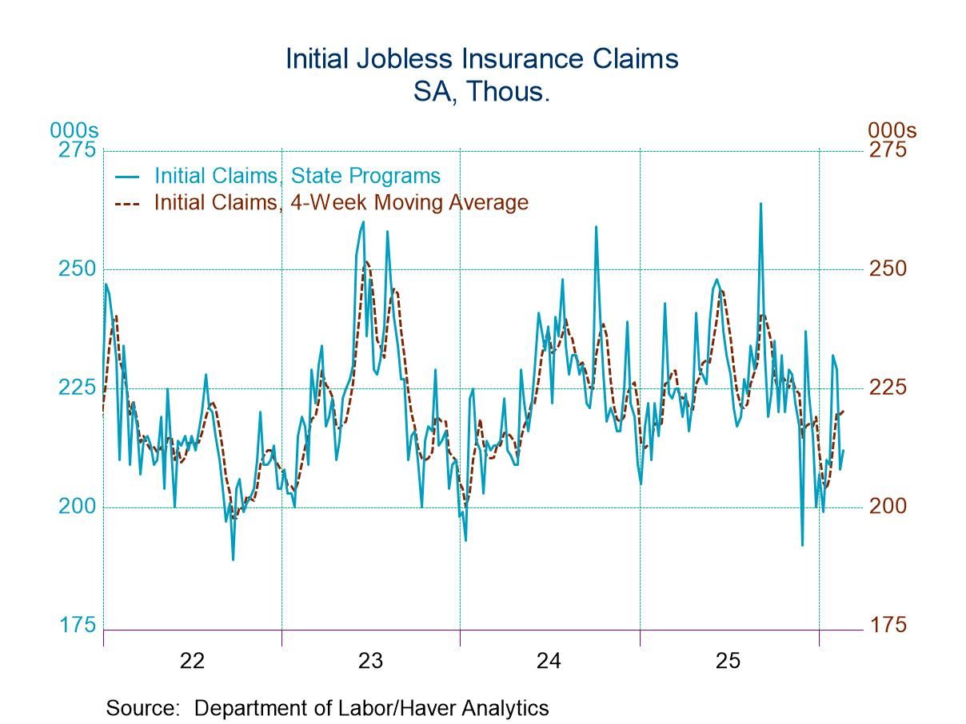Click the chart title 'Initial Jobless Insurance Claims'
coord(482,59)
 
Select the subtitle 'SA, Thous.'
coord(482,91)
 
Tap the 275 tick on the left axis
coord(77,150)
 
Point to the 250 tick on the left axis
coord(77,269)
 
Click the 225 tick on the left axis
coord(77,388)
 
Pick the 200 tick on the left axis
coord(77,506)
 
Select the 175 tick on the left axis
coord(77,624)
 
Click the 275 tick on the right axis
coord(888,150)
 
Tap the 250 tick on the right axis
coord(888,269)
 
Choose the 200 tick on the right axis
coord(888,506)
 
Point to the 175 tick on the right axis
coord(888,624)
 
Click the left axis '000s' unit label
coord(74,130)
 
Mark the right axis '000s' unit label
coord(892,130)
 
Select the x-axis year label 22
coord(192,661)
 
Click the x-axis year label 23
coord(370,661)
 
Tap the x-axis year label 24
coord(549,661)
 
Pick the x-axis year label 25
coord(728,661)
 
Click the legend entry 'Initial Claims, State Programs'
coord(297,176)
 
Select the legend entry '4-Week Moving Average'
coord(341,202)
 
